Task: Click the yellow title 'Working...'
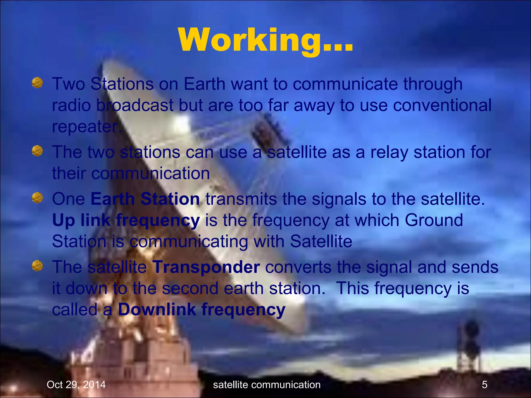pyautogui.click(x=265, y=41)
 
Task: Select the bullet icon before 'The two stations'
pyautogui.click(x=37, y=151)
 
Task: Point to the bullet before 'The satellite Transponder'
pyautogui.click(x=37, y=266)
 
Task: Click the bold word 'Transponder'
pyautogui.click(x=206, y=267)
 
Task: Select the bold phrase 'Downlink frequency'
pyautogui.click(x=201, y=310)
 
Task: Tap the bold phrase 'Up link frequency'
pyautogui.click(x=126, y=221)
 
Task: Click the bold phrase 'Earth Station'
pyautogui.click(x=145, y=199)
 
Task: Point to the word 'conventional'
pyautogui.click(x=442, y=105)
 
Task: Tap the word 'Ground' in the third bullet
pyautogui.click(x=434, y=221)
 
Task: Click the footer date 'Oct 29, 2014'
pyautogui.click(x=76, y=385)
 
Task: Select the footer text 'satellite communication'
pyautogui.click(x=267, y=385)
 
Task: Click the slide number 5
pyautogui.click(x=485, y=385)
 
